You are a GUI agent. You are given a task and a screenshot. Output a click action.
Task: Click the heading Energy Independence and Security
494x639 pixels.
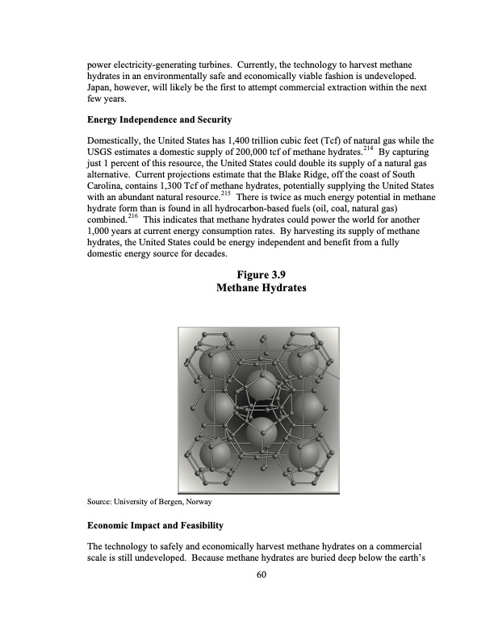pos(159,119)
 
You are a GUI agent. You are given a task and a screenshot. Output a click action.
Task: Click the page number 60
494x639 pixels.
pos(247,575)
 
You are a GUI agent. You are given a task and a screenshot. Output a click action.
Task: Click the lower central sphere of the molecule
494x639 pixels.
pos(259,433)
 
